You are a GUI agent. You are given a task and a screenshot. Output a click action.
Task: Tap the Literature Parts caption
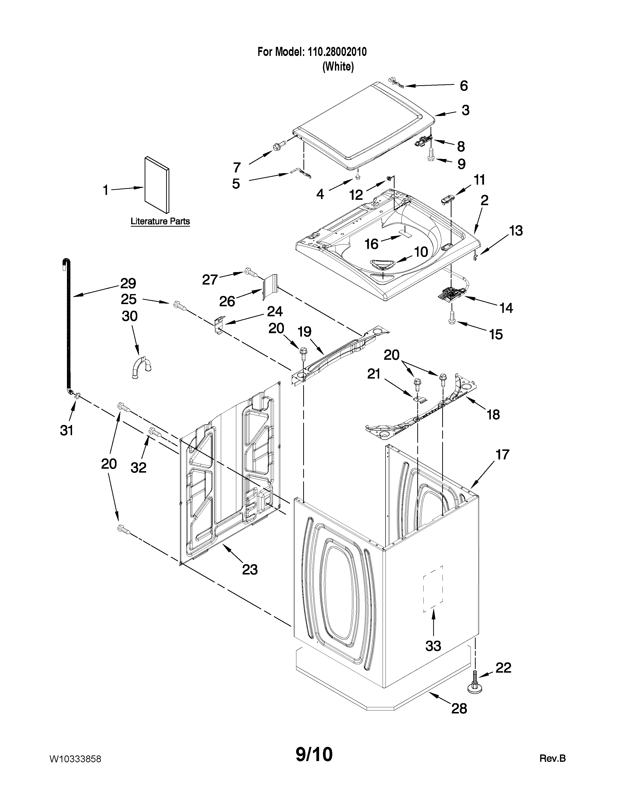pyautogui.click(x=160, y=222)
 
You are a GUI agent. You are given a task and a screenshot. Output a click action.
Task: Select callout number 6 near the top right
pyautogui.click(x=463, y=86)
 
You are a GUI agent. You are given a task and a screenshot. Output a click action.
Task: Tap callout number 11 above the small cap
pyautogui.click(x=479, y=180)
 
